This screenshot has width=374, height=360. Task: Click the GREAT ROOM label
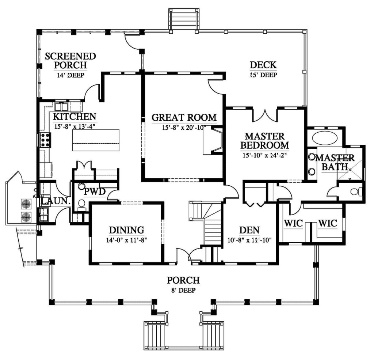point(184,117)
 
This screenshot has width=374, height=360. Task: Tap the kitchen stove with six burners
point(45,140)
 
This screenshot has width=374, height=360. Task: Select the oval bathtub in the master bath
point(325,138)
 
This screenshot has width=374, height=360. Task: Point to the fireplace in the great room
point(213,141)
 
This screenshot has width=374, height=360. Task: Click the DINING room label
point(126,230)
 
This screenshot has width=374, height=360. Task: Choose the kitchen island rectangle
point(96,140)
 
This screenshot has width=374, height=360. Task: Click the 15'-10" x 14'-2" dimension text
point(264,155)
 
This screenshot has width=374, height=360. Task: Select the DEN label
point(249,230)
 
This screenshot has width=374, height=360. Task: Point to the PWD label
point(95,192)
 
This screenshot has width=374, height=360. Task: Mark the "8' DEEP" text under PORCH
point(183,290)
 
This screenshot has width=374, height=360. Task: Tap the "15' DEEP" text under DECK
point(263,75)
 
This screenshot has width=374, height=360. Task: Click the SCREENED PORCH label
point(70,61)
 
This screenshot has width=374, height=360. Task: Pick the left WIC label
point(293,223)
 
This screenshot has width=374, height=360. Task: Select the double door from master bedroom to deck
point(265,115)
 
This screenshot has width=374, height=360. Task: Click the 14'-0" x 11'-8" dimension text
point(126,240)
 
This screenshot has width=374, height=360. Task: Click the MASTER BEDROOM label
point(264,141)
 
